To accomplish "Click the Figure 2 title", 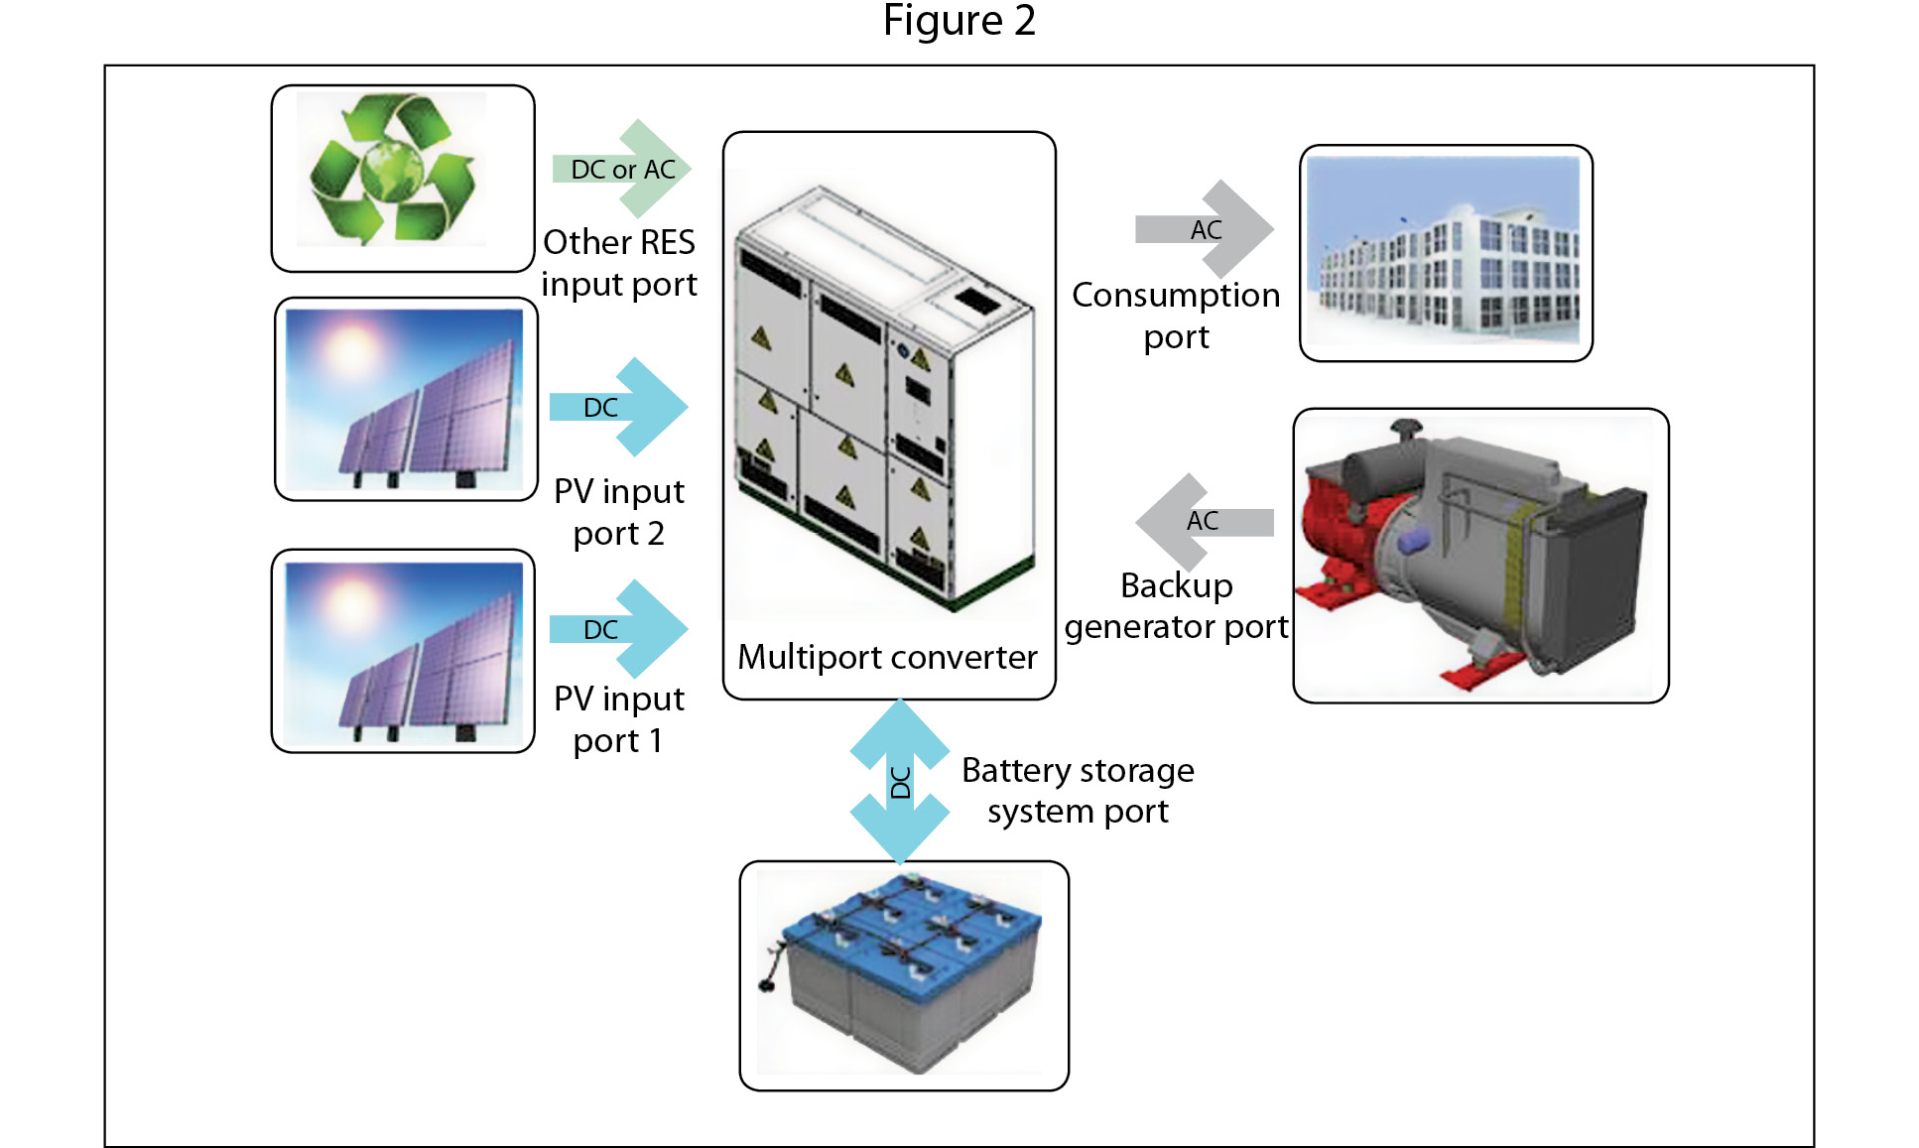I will tap(959, 21).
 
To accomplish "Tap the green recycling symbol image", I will tap(394, 171).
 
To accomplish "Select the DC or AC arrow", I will tap(623, 169).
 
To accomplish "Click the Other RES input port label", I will tap(619, 263).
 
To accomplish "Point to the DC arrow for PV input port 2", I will tap(619, 407).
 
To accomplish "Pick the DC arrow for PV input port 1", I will tap(619, 629).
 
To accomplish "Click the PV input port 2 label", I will tap(619, 512).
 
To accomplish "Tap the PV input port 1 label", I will tap(619, 719).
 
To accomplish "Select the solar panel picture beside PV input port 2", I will tap(405, 399).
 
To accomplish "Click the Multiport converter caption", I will tap(887, 657).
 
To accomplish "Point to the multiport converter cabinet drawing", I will tap(886, 397).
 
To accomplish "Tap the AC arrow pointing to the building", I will tap(1206, 229).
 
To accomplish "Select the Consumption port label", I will tap(1176, 316).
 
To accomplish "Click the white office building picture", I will tap(1446, 252).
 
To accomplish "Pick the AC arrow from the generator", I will tap(1204, 521).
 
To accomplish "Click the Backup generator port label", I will tap(1176, 605).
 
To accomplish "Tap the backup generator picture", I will tap(1480, 556).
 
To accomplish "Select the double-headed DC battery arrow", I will tap(900, 782).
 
